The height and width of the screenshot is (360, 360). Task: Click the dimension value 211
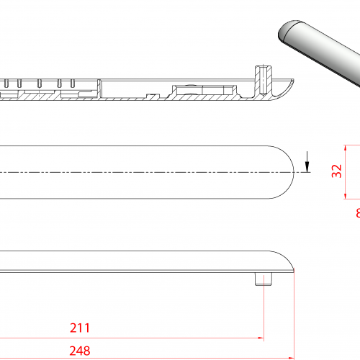(x=80, y=328)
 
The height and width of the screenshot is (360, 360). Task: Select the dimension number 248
(x=80, y=351)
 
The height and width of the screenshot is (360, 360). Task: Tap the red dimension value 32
(x=336, y=171)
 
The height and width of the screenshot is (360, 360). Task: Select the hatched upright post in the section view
(x=261, y=78)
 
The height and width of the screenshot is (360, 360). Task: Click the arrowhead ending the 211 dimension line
(x=261, y=338)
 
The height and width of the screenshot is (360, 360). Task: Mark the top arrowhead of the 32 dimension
(x=346, y=148)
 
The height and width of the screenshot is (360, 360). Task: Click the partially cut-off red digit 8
(x=357, y=213)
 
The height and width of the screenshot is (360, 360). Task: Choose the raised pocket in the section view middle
(x=202, y=89)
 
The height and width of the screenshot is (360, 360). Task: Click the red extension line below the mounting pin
(x=264, y=310)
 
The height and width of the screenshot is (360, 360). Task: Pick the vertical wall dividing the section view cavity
(x=103, y=89)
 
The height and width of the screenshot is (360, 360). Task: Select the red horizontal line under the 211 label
(x=130, y=338)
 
